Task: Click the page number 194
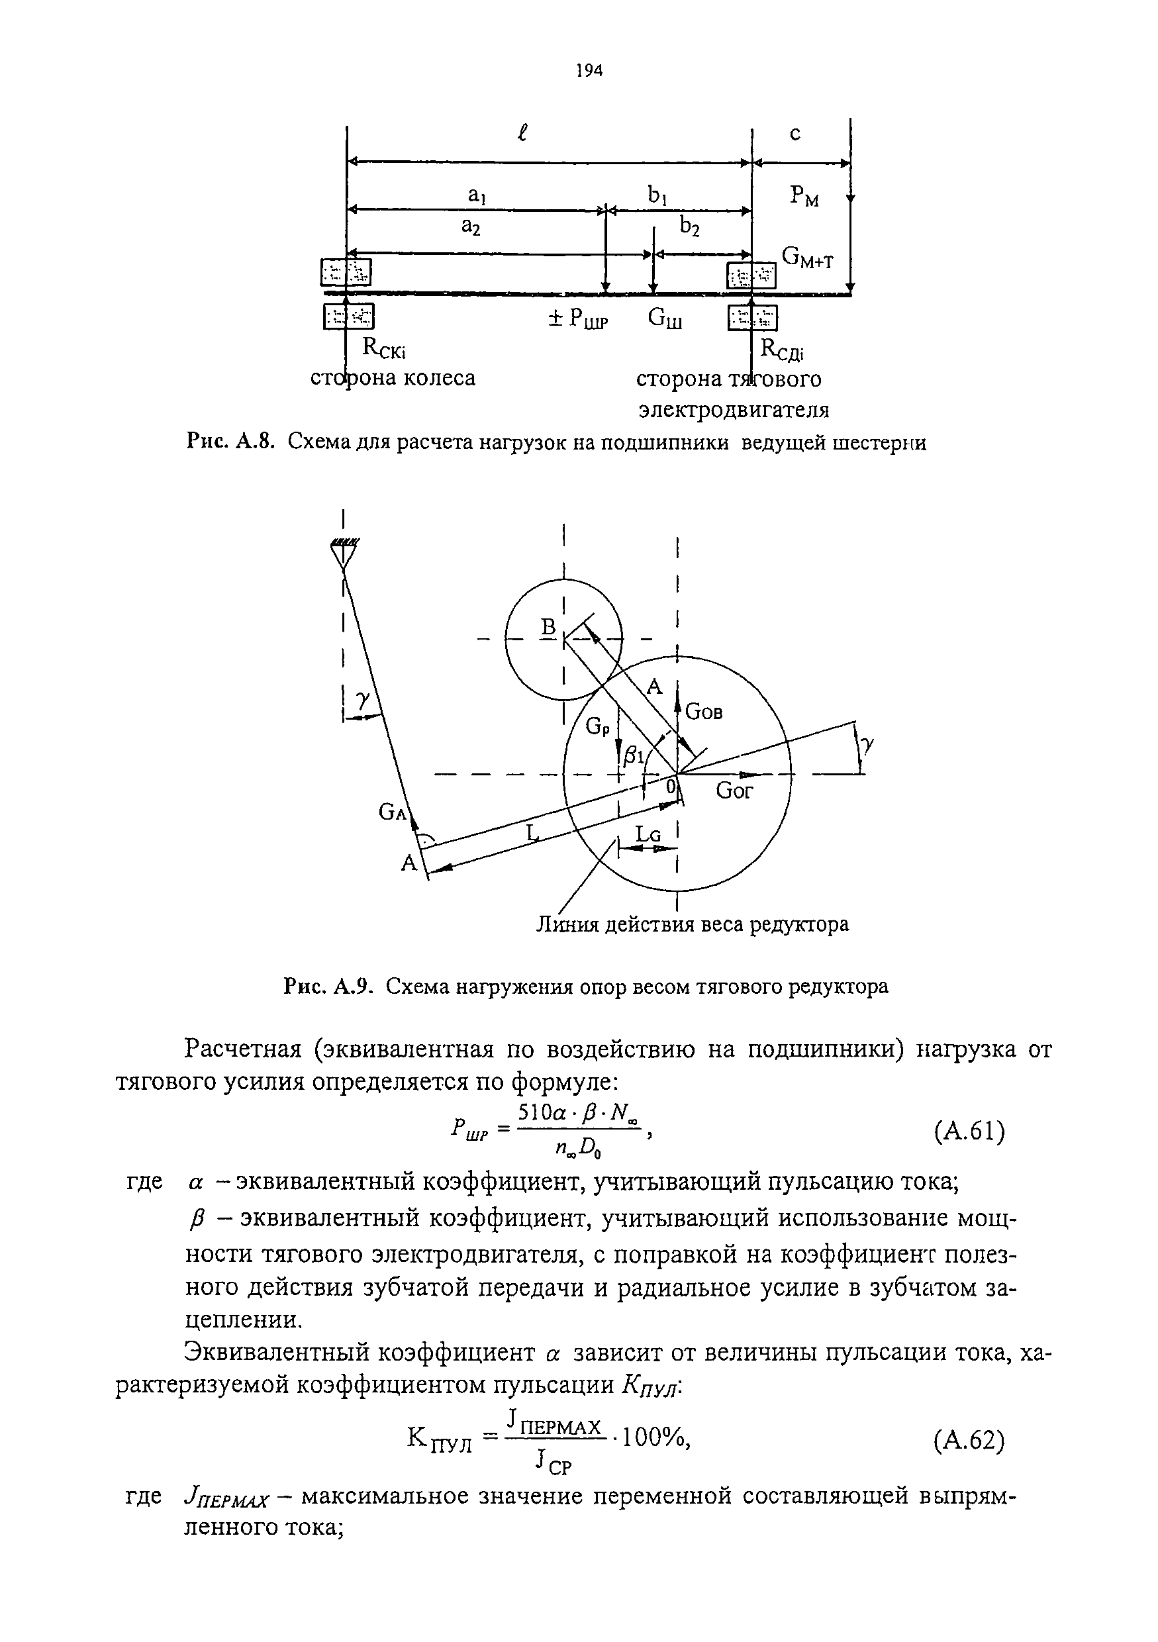click(x=589, y=70)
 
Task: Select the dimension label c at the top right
click(x=795, y=133)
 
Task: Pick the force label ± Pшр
click(x=577, y=319)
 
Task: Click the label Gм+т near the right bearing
click(x=808, y=258)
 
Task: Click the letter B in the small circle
click(x=548, y=627)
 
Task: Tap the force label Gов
click(x=704, y=712)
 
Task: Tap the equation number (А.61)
click(x=969, y=1132)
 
